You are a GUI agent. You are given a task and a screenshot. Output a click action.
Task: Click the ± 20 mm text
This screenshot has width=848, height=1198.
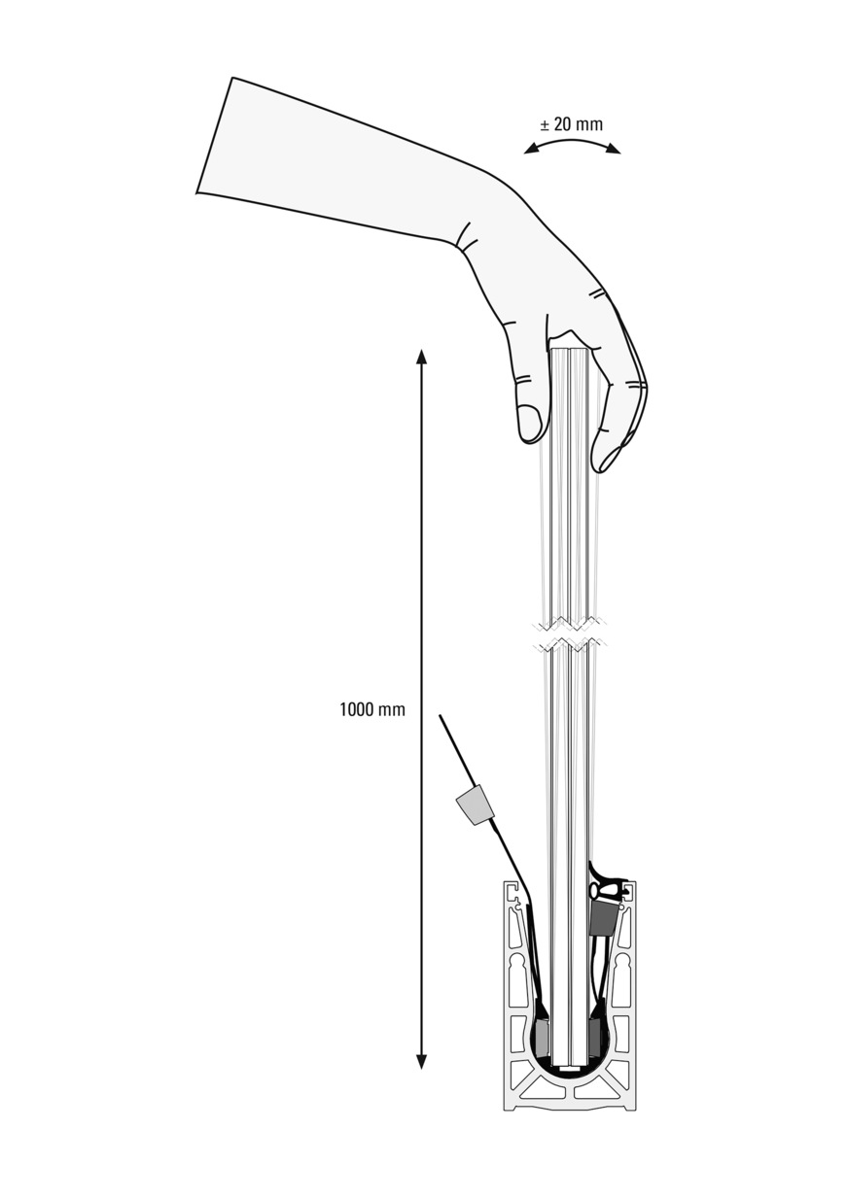[x=571, y=124]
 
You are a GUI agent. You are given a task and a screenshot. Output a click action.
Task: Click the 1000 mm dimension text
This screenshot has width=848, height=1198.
[x=372, y=709]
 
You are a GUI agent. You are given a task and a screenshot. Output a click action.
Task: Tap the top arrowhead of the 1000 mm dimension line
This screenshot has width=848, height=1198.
[x=421, y=357]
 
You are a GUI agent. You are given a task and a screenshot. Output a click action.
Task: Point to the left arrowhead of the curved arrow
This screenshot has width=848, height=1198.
[x=531, y=151]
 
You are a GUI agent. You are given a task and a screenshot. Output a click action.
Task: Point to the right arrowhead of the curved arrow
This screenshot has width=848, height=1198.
[x=613, y=151]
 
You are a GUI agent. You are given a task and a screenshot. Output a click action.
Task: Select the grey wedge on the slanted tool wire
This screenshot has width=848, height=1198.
[x=474, y=805]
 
